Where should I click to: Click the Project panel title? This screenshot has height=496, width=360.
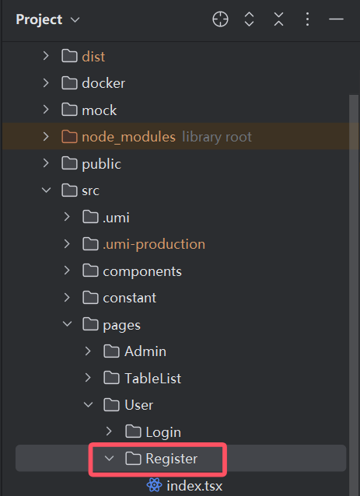(x=39, y=19)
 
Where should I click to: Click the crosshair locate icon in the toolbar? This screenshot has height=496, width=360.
(x=220, y=19)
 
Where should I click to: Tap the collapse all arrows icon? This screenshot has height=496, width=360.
(x=278, y=19)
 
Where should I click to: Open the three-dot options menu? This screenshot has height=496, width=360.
(x=307, y=19)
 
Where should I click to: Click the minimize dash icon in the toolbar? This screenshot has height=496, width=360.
(x=336, y=19)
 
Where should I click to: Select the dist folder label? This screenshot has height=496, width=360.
(x=93, y=57)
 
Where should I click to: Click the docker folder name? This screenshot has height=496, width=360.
(x=103, y=83)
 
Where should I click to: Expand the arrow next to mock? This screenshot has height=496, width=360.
(x=46, y=110)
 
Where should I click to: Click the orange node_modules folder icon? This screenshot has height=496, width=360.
(x=69, y=137)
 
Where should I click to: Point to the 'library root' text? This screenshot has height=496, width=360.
(x=217, y=137)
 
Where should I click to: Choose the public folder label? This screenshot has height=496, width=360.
(x=101, y=164)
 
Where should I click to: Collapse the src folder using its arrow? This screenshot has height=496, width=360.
(x=46, y=190)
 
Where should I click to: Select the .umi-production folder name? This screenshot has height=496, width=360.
(x=154, y=244)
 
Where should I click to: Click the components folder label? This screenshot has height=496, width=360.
(x=142, y=271)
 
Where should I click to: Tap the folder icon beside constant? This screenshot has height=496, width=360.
(x=90, y=297)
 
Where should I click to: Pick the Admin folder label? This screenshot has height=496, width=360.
(x=145, y=351)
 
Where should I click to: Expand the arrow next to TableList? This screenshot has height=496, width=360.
(x=88, y=378)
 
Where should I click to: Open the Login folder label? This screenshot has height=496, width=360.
(x=163, y=432)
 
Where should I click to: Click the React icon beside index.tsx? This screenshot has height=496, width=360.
(x=155, y=485)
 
